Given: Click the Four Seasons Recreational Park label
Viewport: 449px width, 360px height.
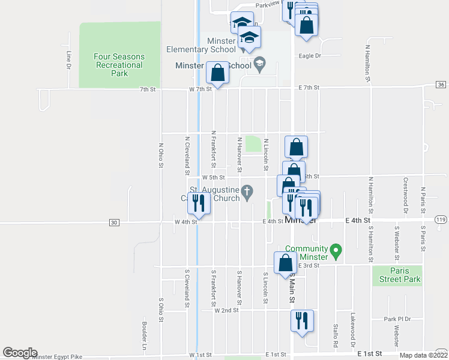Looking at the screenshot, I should tap(119, 65).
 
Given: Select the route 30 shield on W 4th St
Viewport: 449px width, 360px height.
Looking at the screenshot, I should tap(114, 223).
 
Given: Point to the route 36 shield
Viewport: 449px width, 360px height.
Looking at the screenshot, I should tap(441, 85).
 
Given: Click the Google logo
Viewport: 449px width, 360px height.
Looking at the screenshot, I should tap(19, 353).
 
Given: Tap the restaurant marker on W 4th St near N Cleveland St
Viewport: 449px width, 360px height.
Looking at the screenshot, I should tap(199, 204).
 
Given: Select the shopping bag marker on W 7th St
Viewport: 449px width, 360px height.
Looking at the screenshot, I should tap(217, 73).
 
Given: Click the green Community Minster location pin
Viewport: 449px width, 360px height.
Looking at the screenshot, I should tap(336, 250).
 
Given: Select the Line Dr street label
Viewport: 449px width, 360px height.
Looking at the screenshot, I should tap(68, 58).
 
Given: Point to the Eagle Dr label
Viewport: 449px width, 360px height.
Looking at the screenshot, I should tap(310, 56).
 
